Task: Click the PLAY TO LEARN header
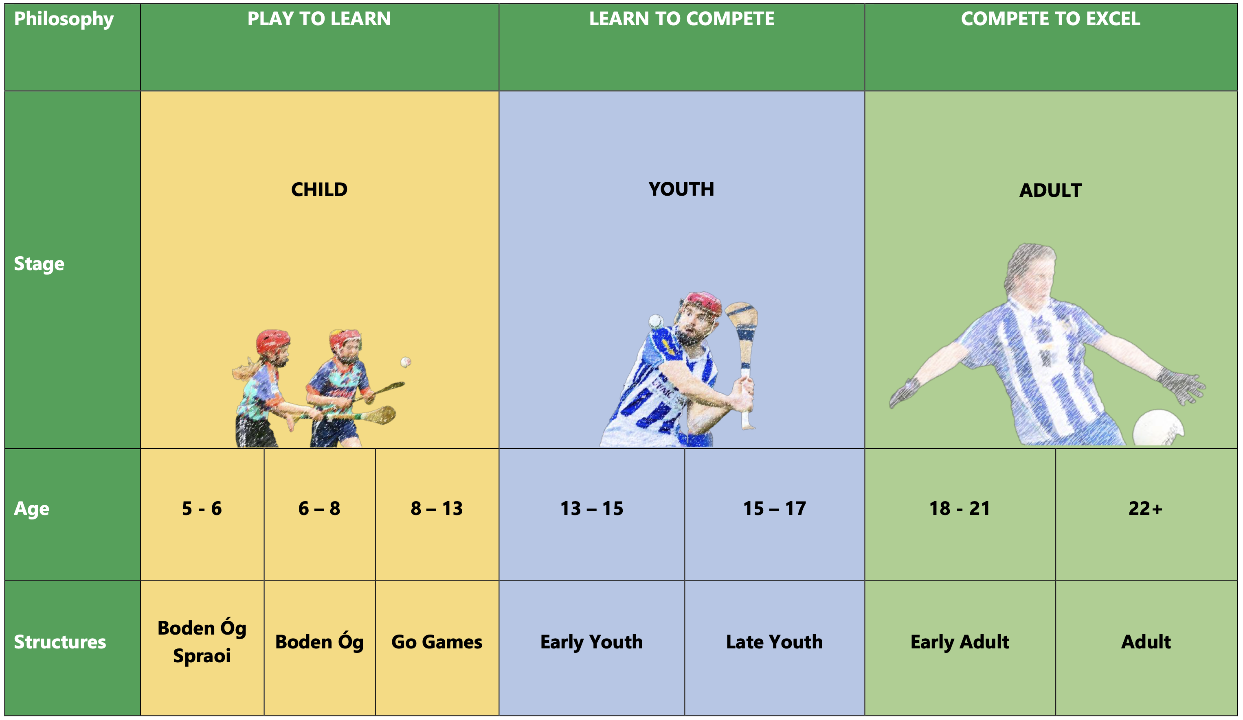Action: tap(319, 19)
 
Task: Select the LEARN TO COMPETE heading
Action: tap(682, 19)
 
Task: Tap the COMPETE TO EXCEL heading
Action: tap(1051, 19)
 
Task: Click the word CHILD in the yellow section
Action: tap(319, 190)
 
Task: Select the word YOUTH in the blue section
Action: tap(681, 189)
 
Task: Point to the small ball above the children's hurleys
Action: tap(406, 362)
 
